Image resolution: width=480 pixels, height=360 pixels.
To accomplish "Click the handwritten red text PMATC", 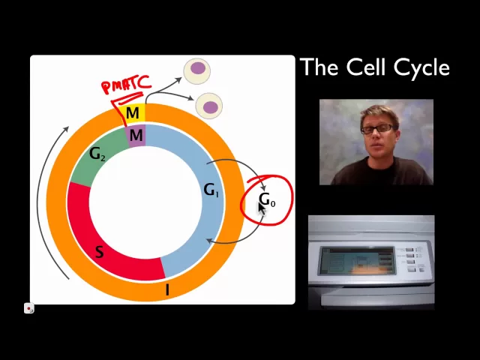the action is click(x=126, y=85).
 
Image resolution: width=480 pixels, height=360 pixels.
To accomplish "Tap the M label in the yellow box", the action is click(x=133, y=113).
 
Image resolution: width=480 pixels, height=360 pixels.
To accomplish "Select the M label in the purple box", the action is click(x=136, y=136).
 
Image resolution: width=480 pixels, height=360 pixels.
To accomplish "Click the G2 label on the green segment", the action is click(x=97, y=154).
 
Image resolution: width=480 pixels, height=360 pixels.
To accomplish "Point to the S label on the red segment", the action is click(x=99, y=252).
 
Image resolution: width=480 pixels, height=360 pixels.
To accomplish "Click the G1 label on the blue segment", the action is click(x=211, y=190).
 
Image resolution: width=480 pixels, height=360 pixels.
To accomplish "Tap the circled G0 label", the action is click(x=267, y=201).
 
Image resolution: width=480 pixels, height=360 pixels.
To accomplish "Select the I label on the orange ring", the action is click(x=167, y=290).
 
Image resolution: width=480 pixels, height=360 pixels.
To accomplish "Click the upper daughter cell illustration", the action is click(x=197, y=70).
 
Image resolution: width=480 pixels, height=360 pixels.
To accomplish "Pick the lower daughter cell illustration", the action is click(x=209, y=106).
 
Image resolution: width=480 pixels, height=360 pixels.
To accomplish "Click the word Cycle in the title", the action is click(x=413, y=68).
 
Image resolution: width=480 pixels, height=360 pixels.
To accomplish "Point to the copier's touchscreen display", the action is click(x=355, y=262).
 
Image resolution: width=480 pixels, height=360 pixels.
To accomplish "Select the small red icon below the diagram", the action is click(x=28, y=308).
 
